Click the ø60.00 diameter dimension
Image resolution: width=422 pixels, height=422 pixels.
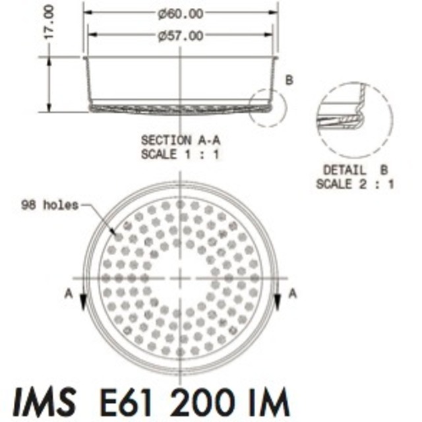pyautogui.click(x=181, y=13)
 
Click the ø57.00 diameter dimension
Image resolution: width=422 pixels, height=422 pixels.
pyautogui.click(x=181, y=36)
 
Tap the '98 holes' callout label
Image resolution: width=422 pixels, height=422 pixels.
pyautogui.click(x=49, y=205)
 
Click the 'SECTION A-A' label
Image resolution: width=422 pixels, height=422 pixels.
pyautogui.click(x=180, y=140)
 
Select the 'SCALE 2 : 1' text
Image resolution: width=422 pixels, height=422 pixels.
pyautogui.click(x=355, y=184)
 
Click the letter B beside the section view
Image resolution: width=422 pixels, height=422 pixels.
pyautogui.click(x=289, y=80)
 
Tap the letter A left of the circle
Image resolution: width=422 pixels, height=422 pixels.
pyautogui.click(x=69, y=295)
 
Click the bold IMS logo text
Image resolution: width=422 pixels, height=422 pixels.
pyautogui.click(x=44, y=401)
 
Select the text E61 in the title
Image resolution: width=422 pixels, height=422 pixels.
pyautogui.click(x=124, y=401)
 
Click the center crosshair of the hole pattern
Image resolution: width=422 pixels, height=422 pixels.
pyautogui.click(x=180, y=278)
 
